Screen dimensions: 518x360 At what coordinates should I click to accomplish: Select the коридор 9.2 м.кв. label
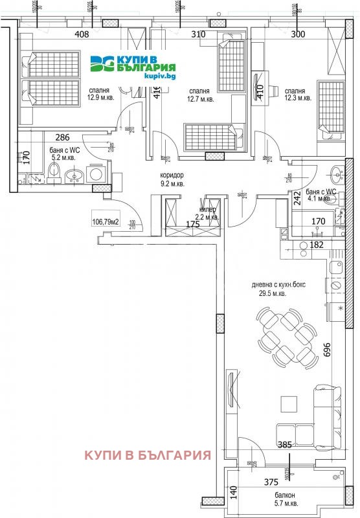tap(173, 179)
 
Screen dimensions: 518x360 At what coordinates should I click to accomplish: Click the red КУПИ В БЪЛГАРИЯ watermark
tap(148, 454)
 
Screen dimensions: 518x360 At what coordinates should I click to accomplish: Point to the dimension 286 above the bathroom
tap(62, 137)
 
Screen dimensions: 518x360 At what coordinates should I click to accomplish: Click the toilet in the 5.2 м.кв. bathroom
tap(54, 173)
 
